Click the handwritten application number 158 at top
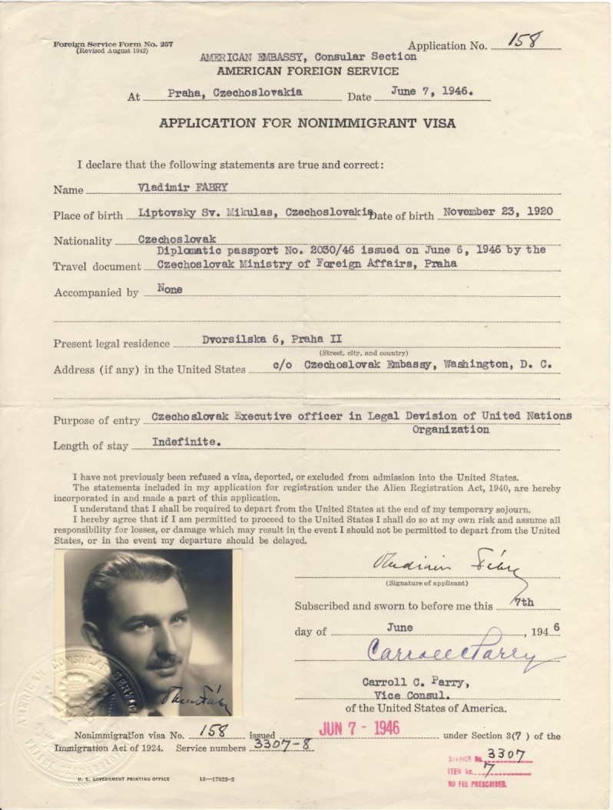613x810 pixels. click(526, 41)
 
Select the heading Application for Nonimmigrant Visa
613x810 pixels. click(306, 123)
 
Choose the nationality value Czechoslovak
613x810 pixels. click(177, 238)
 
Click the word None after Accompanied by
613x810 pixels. click(170, 289)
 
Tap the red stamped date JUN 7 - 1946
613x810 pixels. click(359, 728)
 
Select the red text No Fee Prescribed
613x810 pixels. click(476, 784)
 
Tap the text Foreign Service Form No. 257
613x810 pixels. click(113, 44)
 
